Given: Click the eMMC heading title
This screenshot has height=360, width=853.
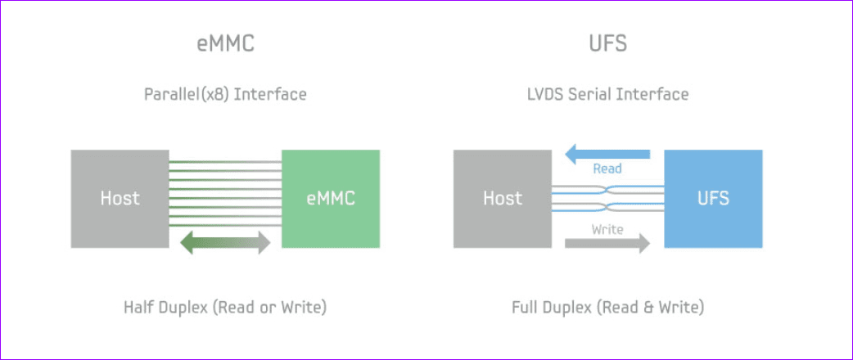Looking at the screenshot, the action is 225,44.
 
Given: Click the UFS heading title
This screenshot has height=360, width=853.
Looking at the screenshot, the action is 607,44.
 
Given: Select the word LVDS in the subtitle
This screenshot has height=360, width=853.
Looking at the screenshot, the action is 546,95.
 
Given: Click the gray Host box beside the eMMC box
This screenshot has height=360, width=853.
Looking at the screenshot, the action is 120,199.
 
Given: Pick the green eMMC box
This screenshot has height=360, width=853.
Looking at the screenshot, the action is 331,199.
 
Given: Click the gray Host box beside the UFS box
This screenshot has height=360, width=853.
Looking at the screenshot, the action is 503,199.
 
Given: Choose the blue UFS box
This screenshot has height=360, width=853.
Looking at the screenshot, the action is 713,199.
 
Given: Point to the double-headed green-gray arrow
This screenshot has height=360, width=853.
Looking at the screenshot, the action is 225,242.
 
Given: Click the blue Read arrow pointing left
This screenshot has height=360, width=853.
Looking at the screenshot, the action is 607,155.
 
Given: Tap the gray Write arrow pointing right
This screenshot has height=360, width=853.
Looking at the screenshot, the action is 607,243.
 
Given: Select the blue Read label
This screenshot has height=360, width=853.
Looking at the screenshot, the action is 607,169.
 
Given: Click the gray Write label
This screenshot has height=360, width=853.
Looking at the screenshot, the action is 607,229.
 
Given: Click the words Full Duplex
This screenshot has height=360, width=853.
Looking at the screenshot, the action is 551,308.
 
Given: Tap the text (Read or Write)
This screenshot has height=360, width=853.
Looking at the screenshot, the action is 269,308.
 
